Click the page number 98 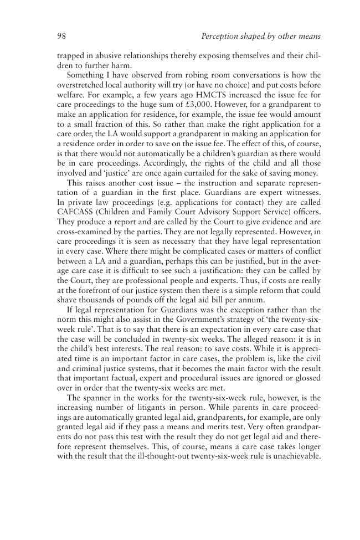click(61, 37)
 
